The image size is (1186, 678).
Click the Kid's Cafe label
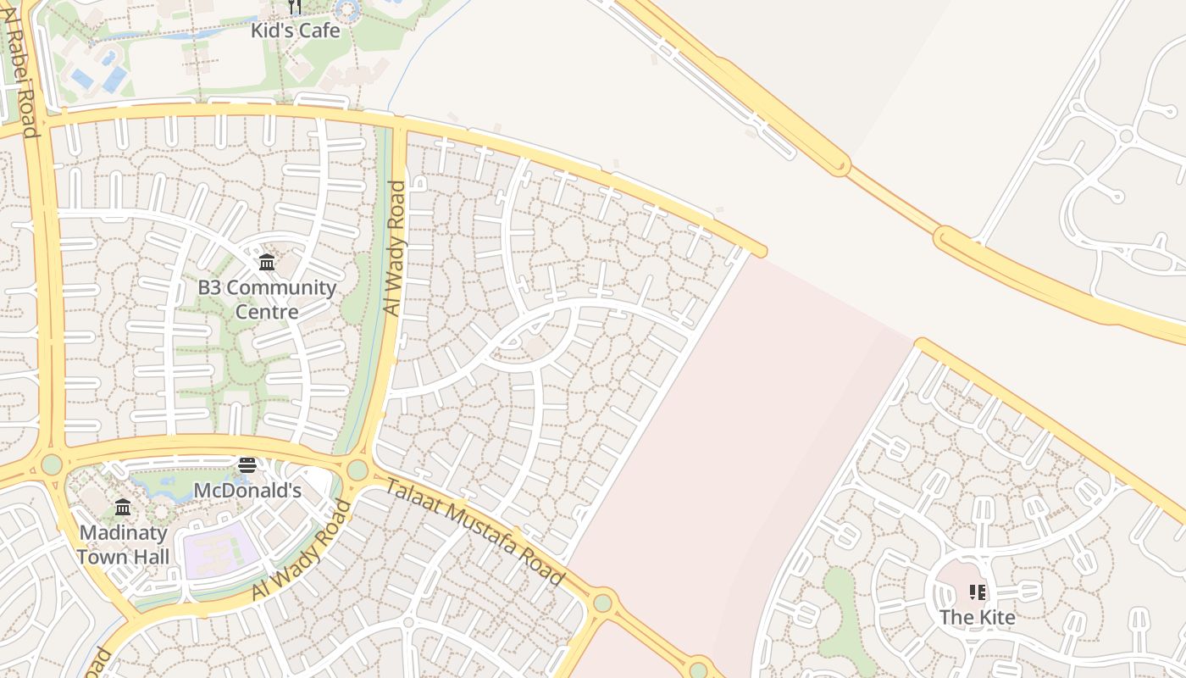click(295, 31)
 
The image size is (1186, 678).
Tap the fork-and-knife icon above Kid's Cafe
click(295, 8)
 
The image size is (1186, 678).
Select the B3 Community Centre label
click(267, 299)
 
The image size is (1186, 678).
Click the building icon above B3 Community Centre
click(267, 262)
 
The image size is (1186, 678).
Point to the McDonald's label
click(247, 491)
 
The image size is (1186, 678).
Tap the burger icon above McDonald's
click(247, 465)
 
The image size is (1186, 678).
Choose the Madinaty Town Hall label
click(124, 545)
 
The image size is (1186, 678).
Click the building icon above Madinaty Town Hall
click(123, 508)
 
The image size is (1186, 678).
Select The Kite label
click(978, 617)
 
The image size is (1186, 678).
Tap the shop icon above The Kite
click(978, 592)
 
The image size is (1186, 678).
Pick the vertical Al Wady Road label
click(396, 248)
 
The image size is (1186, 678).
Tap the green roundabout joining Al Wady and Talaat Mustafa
click(357, 470)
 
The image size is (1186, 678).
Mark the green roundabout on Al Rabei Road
click(53, 464)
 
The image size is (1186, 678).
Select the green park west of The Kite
click(840, 611)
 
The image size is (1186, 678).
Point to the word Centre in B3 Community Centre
click(267, 312)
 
